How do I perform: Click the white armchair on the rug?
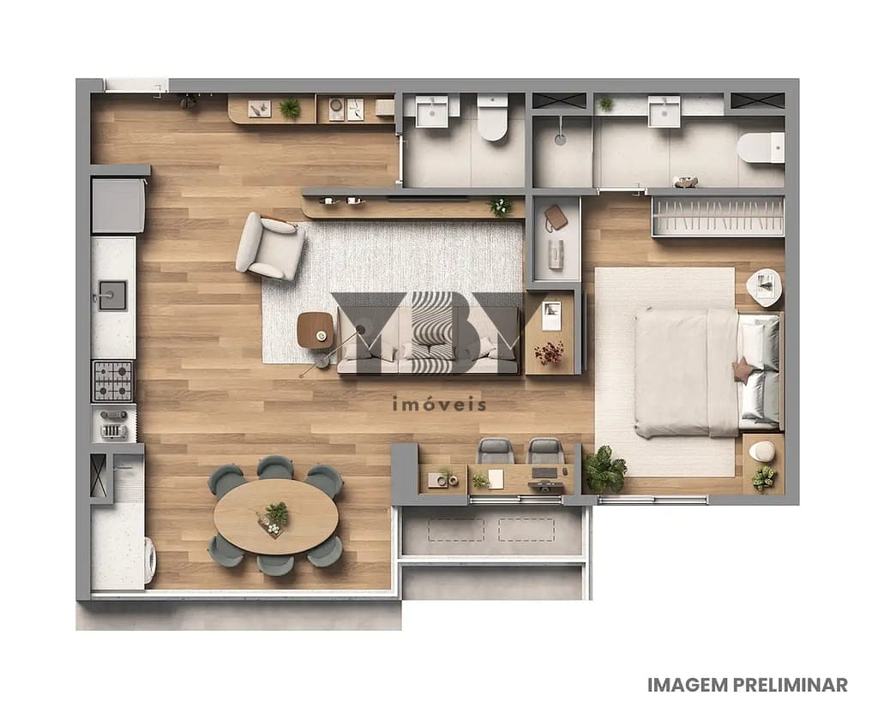tap(270, 246)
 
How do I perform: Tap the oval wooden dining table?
tap(275, 516)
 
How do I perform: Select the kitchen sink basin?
tap(111, 296)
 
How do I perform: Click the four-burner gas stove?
tap(113, 380)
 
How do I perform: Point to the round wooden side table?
tap(315, 329)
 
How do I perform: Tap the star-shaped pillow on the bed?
tap(742, 369)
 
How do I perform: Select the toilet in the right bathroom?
tap(761, 147)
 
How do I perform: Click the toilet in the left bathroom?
tap(492, 119)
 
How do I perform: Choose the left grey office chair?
tap(495, 451)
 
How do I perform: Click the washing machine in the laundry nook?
tap(149, 561)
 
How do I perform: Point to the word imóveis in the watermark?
tap(438, 405)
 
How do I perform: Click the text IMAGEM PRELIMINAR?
tap(747, 685)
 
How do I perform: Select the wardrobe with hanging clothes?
tap(718, 216)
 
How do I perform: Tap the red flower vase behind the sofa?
tap(549, 352)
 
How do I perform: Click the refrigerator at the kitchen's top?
tap(117, 205)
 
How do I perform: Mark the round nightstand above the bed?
tap(764, 285)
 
